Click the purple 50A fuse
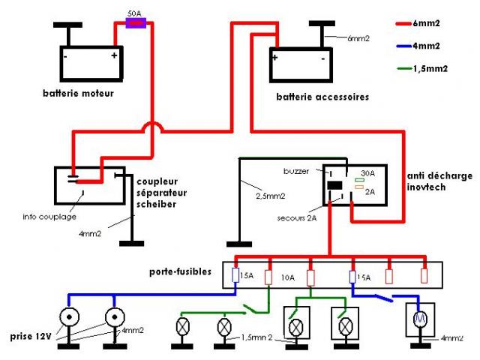pos(136,23)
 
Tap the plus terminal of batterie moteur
pos(114,55)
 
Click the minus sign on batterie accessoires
pos(323,58)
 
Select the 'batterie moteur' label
pos(78,93)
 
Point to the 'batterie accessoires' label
pos(322,97)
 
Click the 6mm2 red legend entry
pos(418,23)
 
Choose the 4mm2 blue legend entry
pos(418,46)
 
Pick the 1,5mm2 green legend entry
pos(422,68)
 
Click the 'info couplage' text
pos(49,217)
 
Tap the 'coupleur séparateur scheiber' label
pos(162,193)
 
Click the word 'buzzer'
pos(296,171)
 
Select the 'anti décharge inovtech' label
pos(439,181)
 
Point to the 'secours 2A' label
pos(297,218)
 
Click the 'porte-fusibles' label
pos(180,271)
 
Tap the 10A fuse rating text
pos(288,277)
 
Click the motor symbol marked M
pos(420,319)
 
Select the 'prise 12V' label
pos(30,337)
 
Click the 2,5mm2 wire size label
pos(270,196)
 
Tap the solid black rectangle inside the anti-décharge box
pos(334,185)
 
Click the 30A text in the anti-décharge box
pos(367,173)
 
